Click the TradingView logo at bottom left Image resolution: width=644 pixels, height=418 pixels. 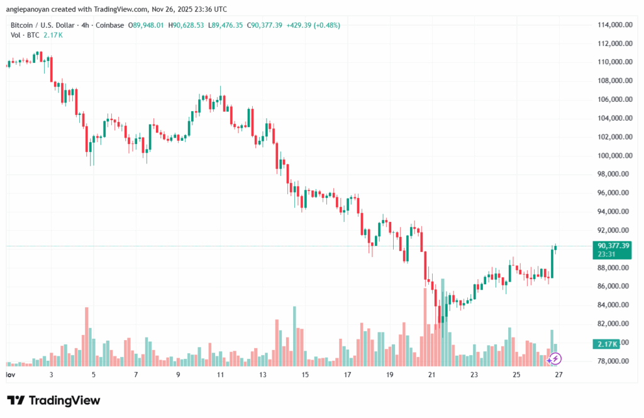tap(53, 400)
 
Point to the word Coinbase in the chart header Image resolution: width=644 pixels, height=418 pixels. tap(111, 25)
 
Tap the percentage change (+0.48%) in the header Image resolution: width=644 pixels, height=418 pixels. tap(323, 25)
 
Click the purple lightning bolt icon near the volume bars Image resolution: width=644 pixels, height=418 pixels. tap(555, 359)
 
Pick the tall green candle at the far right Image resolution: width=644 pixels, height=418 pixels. tap(553, 263)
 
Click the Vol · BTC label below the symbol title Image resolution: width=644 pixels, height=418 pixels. tap(25, 35)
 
